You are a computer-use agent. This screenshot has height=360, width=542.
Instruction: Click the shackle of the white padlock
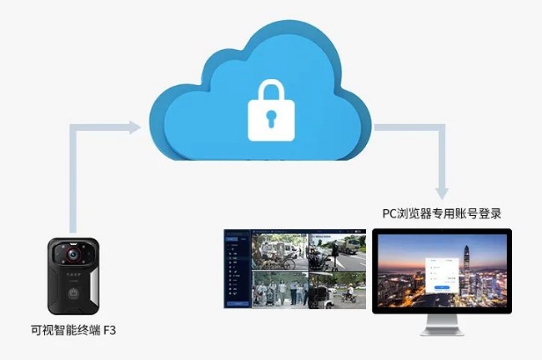271,91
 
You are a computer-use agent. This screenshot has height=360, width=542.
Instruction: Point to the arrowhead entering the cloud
133,127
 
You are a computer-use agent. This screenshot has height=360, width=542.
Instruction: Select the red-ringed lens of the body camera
73,252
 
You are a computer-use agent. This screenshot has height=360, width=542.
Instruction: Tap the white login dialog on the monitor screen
439,274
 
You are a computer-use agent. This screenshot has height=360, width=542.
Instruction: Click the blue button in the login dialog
439,287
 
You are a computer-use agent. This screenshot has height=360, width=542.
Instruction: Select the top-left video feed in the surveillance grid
280,251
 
